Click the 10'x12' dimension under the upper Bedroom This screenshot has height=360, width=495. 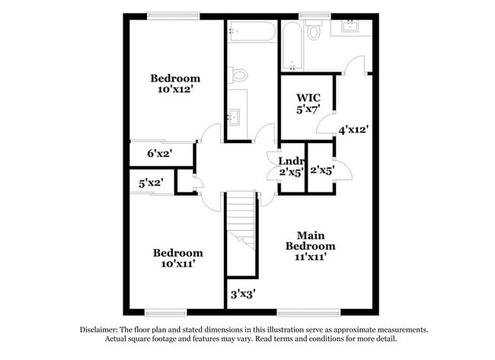click(x=175, y=89)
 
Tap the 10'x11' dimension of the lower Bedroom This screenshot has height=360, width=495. click(x=177, y=264)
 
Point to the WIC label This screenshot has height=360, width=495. click(x=308, y=98)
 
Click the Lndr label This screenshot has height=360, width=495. click(x=291, y=161)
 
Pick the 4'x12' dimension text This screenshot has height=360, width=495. click(x=354, y=130)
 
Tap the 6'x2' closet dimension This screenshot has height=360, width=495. click(x=159, y=154)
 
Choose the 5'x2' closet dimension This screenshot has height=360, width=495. click(x=151, y=183)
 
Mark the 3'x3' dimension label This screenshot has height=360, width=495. click(x=242, y=292)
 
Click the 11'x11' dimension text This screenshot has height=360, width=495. click(x=310, y=257)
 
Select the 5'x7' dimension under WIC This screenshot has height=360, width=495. click(x=308, y=110)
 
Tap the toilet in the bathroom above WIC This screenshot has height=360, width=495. click(x=314, y=33)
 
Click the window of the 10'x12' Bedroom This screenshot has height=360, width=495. click(x=174, y=15)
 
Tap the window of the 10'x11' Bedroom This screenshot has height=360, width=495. click(x=165, y=312)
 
